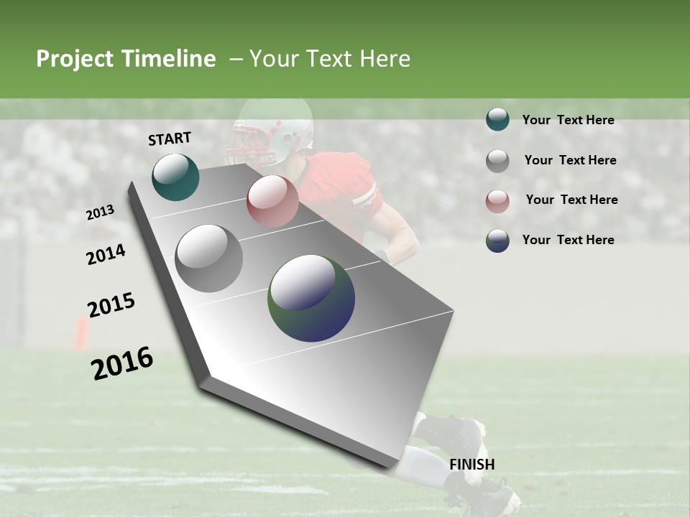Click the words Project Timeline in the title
coord(126,59)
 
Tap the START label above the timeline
coord(170,139)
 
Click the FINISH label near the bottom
coord(472,465)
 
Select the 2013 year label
coord(100,213)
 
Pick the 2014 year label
coord(106,254)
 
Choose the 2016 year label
coord(122,363)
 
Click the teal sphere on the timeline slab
coord(175,177)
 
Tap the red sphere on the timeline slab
coord(272,200)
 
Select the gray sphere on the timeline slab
coord(208,258)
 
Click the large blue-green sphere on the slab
coord(311,298)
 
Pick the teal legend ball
coord(497,120)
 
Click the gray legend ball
coord(497,160)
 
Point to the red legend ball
coord(497,200)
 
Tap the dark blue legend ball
coord(497,241)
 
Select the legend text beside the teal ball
coord(568,120)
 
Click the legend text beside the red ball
coord(571,200)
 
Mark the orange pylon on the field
coord(81,334)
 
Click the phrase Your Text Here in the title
coord(330,59)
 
